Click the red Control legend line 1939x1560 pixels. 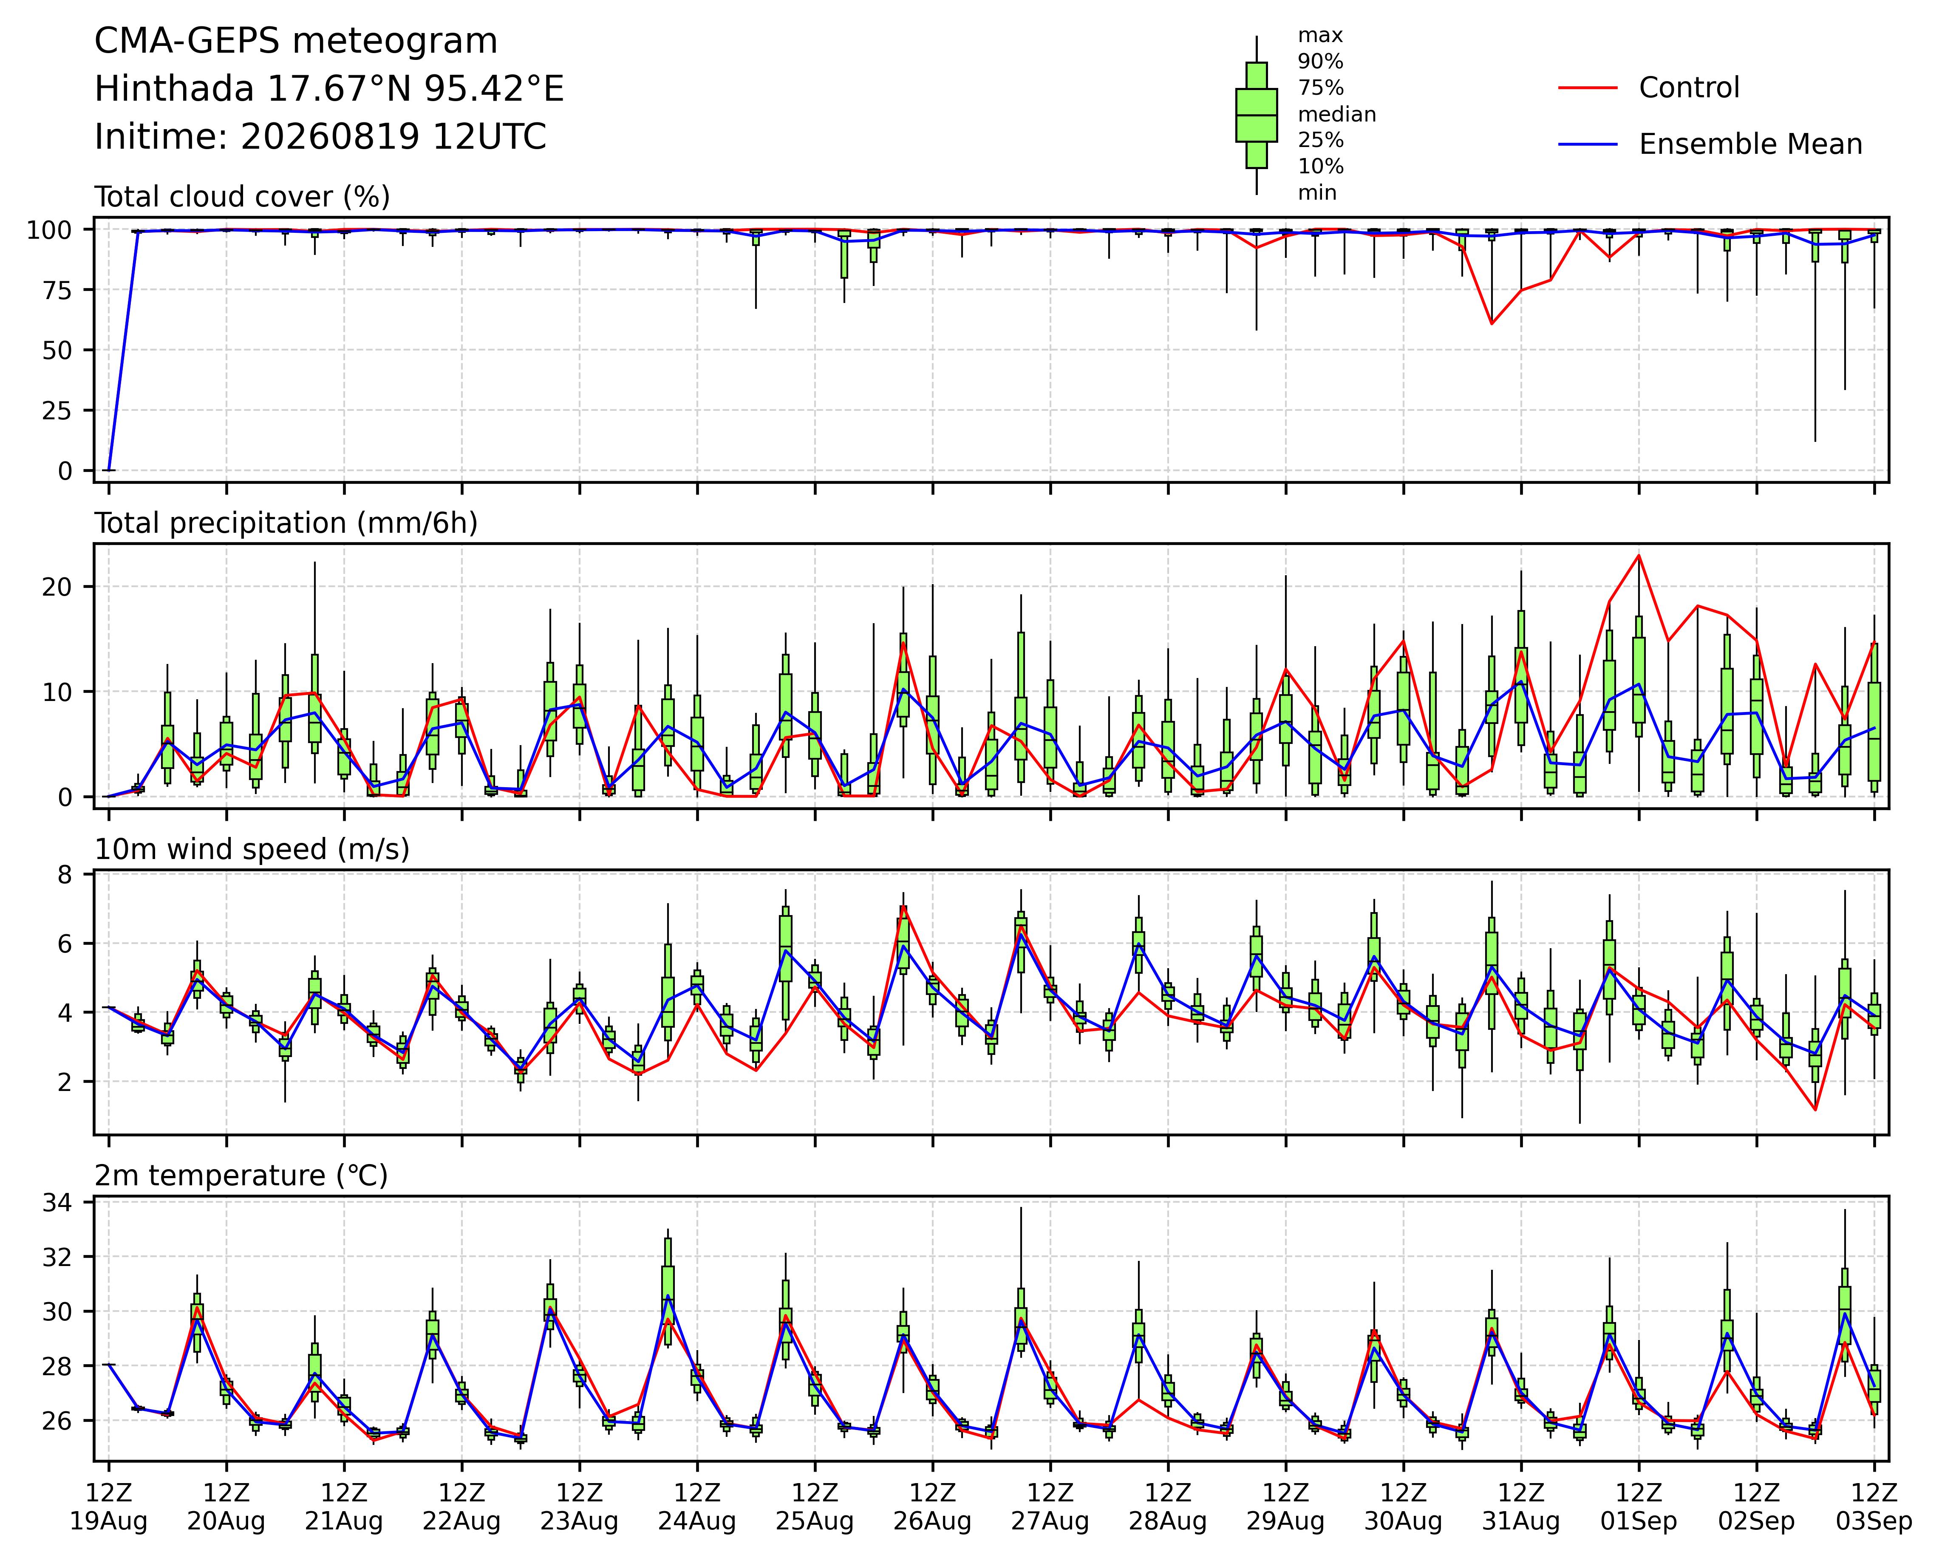(1588, 88)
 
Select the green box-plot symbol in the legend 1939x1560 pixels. (1257, 115)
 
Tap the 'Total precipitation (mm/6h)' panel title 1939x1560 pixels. (286, 523)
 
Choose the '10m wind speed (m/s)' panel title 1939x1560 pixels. (252, 850)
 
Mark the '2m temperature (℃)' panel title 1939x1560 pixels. (241, 1176)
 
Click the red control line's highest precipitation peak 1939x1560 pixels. (1639, 555)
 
